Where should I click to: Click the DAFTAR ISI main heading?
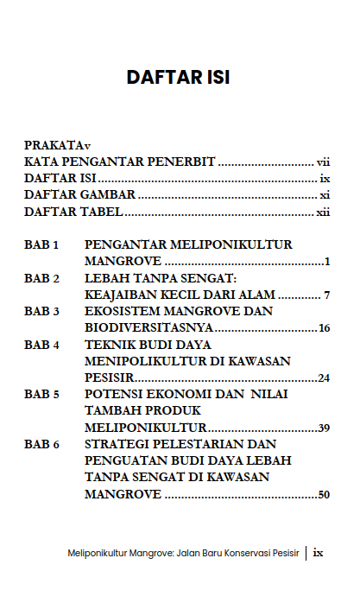[178, 77]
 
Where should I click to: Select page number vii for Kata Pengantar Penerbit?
[324, 162]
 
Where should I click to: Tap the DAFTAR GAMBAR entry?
[73, 195]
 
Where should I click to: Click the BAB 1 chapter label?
[41, 245]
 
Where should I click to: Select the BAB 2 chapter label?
[41, 279]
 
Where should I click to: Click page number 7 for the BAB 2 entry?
[327, 295]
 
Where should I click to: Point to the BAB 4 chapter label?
[41, 345]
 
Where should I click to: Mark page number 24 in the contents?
[325, 377]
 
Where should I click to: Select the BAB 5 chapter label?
[41, 394]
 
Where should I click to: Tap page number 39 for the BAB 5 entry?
[325, 428]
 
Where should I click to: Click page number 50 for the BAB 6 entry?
[325, 495]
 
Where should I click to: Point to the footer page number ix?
[318, 552]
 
